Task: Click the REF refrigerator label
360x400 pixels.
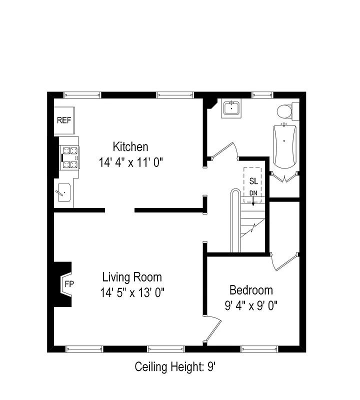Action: tap(63, 120)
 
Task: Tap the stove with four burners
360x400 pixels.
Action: tap(69, 156)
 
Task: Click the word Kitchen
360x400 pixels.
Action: tap(130, 147)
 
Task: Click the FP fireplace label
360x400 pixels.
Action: tap(68, 283)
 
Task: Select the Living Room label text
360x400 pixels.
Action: tap(132, 277)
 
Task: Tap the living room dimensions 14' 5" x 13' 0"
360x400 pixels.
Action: tap(132, 292)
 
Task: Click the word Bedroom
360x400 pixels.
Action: tap(251, 290)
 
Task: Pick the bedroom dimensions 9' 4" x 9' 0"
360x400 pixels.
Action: tap(251, 305)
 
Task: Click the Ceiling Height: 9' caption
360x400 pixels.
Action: tap(175, 367)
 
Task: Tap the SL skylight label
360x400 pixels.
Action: tap(253, 181)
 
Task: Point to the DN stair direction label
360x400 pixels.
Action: tap(253, 193)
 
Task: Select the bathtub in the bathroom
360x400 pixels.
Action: tap(284, 145)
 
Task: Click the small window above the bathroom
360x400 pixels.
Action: tap(259, 95)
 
